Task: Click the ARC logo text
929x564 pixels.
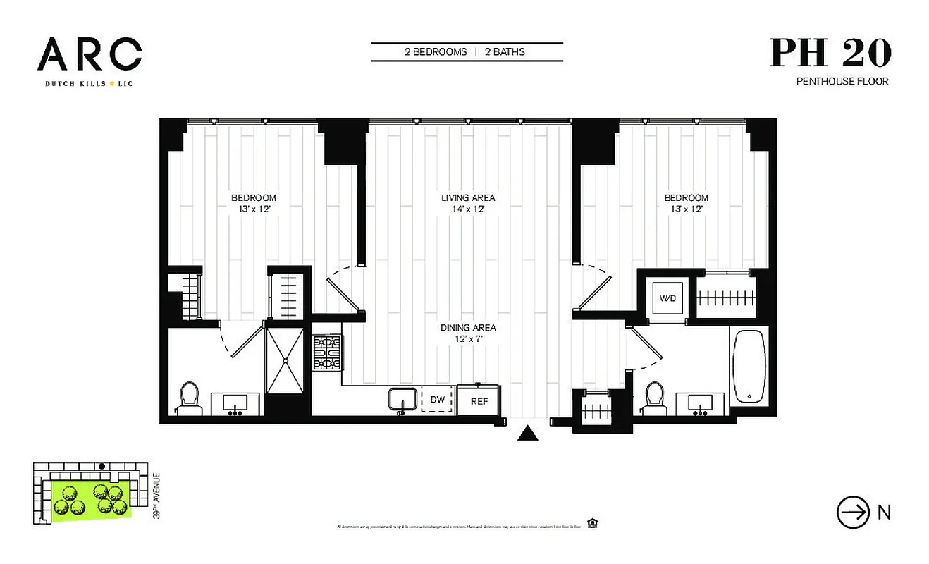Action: pos(90,54)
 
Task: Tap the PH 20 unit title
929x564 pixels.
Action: pos(830,53)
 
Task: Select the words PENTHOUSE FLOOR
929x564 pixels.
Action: pos(842,82)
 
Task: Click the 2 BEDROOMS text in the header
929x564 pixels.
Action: pos(436,52)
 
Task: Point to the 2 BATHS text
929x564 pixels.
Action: pos(504,52)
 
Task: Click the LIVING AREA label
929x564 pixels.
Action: pos(468,198)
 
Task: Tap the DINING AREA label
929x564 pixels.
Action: pos(468,328)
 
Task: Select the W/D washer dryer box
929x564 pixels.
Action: pos(667,298)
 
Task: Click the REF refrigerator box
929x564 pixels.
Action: pos(479,400)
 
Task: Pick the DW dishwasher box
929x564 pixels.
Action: pos(438,400)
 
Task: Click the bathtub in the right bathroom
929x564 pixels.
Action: pos(749,367)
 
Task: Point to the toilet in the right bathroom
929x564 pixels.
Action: pos(655,398)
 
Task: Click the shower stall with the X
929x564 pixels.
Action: pos(285,360)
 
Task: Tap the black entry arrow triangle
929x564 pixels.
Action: pos(527,433)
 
